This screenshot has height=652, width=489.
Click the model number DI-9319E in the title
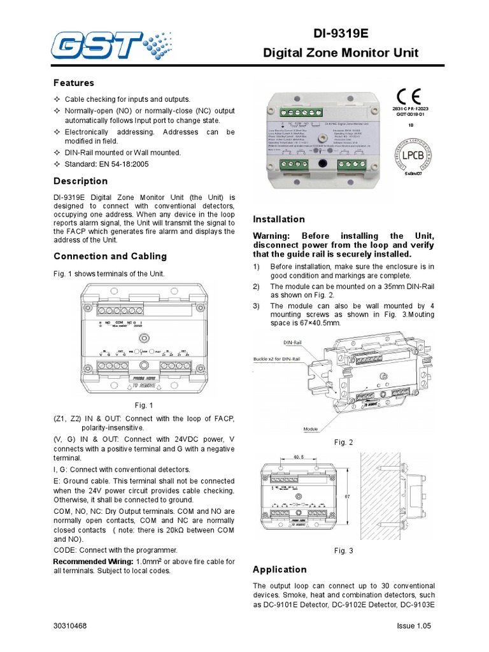click(341, 32)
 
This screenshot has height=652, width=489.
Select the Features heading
click(73, 83)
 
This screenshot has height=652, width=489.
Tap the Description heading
click(80, 181)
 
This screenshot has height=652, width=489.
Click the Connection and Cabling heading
click(110, 257)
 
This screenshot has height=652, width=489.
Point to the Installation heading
click(279, 219)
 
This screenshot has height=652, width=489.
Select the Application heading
click(280, 569)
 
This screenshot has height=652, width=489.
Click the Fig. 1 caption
click(144, 405)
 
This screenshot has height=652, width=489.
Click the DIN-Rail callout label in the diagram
click(292, 343)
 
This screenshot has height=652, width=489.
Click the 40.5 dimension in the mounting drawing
click(298, 457)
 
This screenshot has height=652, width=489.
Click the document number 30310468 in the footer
click(71, 627)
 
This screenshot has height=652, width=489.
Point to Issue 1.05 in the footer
click(413, 627)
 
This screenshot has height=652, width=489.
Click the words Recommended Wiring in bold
click(93, 562)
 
